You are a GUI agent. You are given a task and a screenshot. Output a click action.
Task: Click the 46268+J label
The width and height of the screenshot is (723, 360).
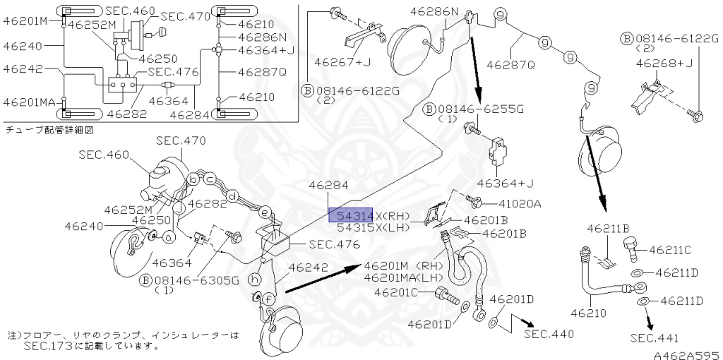(x=663, y=64)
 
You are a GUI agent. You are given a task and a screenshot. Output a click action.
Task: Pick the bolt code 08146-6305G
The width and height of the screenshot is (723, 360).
(x=198, y=280)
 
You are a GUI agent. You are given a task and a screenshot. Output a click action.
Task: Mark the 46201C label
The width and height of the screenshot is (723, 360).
(x=396, y=292)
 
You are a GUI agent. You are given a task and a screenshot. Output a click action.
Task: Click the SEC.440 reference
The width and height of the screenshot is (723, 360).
(x=549, y=334)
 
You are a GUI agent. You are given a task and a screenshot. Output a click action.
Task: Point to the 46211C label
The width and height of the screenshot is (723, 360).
(x=670, y=249)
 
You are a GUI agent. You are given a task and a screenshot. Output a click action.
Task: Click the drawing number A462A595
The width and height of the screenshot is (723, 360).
(x=686, y=354)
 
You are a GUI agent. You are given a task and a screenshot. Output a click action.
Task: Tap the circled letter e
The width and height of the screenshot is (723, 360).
(x=265, y=212)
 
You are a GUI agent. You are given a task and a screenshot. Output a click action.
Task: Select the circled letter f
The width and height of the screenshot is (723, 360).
(x=268, y=299)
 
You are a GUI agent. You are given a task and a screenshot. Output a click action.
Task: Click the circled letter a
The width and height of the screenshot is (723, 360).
(x=149, y=239)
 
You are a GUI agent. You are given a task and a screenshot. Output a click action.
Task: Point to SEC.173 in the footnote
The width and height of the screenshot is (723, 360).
(x=46, y=346)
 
